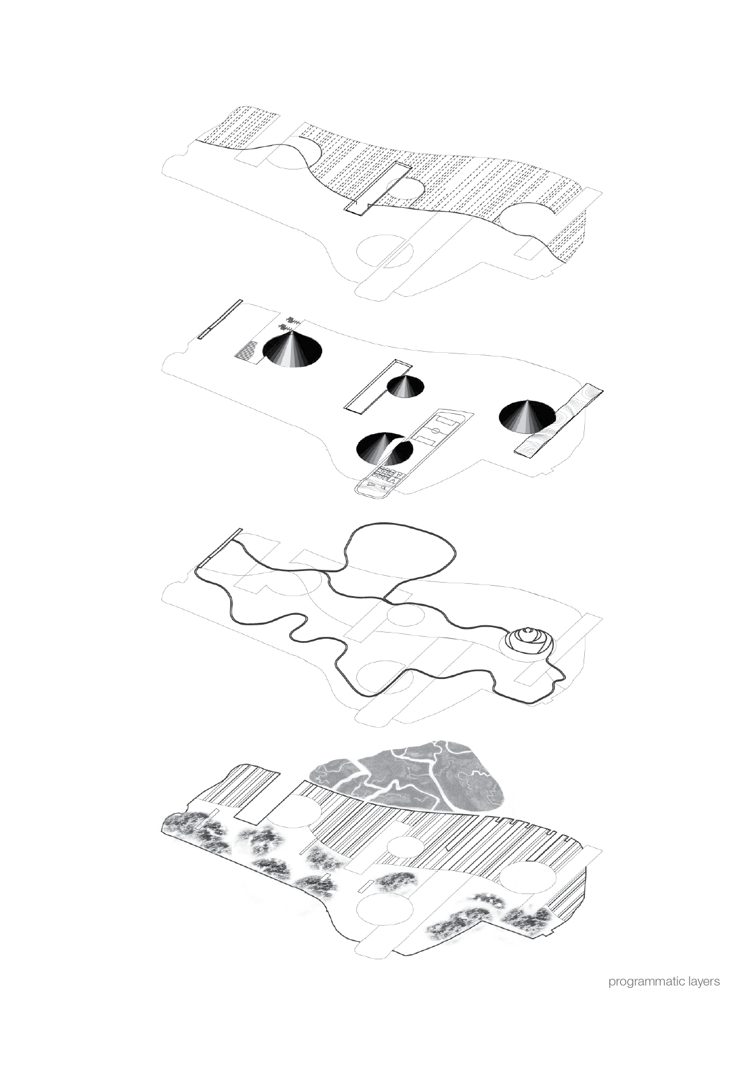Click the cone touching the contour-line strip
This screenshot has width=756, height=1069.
click(x=527, y=417)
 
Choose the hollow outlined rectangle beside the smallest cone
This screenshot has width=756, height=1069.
click(x=378, y=386)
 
